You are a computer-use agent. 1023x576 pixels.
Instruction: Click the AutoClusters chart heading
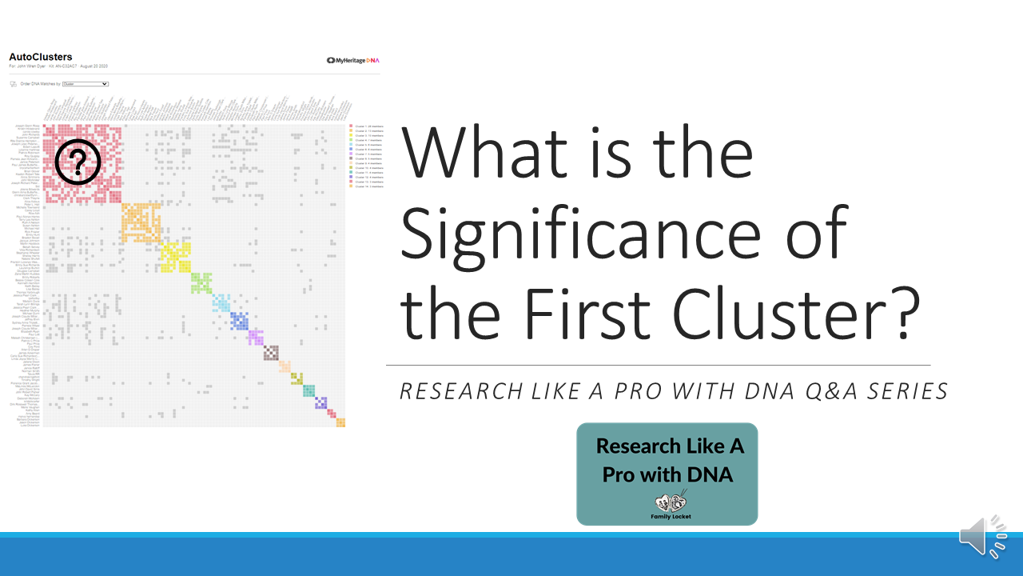point(41,58)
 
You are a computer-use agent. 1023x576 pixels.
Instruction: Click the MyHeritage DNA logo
point(352,60)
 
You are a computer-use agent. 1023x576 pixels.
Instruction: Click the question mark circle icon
point(78,162)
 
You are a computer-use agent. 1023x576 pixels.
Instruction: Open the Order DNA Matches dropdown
point(85,83)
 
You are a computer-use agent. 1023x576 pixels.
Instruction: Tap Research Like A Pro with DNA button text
point(668,460)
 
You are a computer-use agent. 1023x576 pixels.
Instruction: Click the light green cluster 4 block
point(201,282)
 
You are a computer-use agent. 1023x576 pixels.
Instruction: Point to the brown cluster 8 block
point(272,353)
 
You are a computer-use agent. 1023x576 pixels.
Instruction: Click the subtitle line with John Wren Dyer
point(58,66)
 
